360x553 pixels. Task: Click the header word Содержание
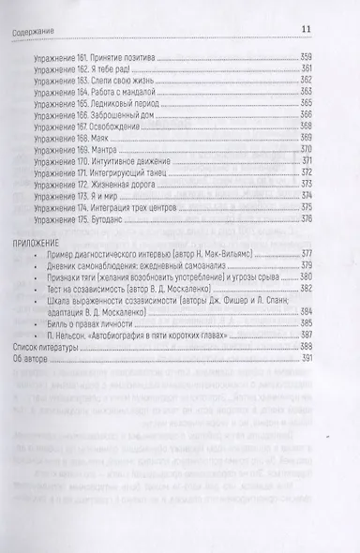[x=30, y=11]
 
